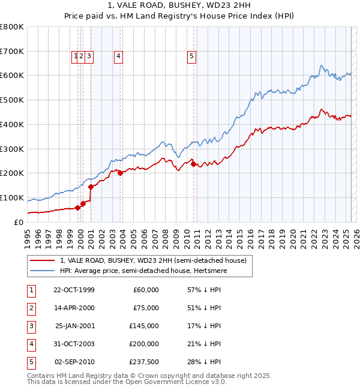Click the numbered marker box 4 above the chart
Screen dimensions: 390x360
pos(119,56)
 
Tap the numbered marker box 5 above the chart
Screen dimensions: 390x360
pos(191,56)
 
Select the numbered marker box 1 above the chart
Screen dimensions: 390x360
pos(76,56)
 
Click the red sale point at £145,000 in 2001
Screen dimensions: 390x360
pos(91,187)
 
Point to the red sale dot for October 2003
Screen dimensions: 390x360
pos(120,173)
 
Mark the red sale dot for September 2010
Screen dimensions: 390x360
pos(193,164)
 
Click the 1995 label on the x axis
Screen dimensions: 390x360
pos(28,238)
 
